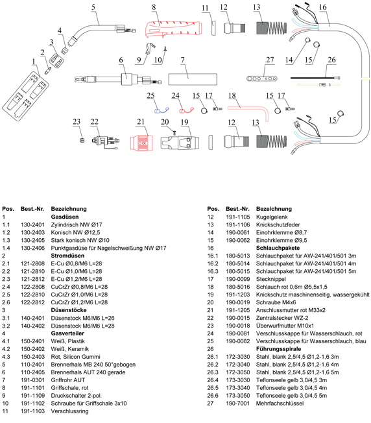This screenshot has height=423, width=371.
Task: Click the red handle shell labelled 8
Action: coord(173,29)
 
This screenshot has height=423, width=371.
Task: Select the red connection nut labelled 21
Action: coord(141,142)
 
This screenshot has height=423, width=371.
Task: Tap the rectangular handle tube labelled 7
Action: coord(193,79)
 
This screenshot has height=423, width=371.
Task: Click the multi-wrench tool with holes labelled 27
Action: coord(262,79)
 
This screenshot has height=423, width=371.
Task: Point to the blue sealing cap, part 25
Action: coord(162,110)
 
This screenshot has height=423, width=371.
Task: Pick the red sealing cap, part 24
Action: coord(186,110)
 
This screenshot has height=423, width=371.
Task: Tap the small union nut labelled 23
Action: coord(82,140)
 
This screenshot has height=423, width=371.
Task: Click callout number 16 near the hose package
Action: coord(323,7)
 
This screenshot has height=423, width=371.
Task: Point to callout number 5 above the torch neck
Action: coord(93,7)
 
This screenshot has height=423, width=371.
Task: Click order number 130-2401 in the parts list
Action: coord(32,224)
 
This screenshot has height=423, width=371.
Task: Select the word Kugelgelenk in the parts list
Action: coord(272,217)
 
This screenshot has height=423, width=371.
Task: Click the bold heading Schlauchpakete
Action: coord(278,248)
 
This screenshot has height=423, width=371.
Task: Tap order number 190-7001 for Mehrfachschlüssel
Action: coord(238,404)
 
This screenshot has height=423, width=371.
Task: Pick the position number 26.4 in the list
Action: coord(213,380)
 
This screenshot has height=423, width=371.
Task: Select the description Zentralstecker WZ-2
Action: coord(282,318)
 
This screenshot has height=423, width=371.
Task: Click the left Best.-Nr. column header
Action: coord(32,209)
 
